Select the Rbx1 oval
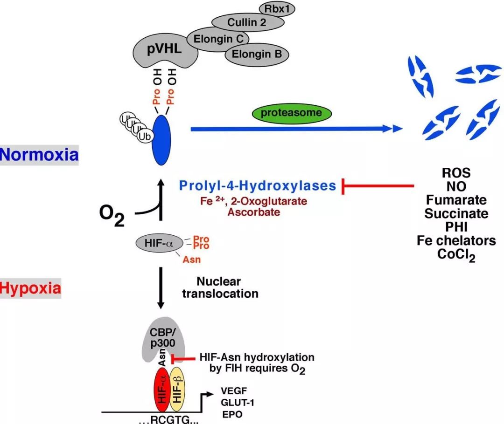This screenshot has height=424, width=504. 279,9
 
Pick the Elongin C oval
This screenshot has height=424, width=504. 217,38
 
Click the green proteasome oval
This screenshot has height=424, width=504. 291,113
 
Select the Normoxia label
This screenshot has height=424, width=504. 39,154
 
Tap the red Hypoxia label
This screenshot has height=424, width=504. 30,288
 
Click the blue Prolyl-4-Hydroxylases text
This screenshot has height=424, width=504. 258,186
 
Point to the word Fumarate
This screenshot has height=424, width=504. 456,200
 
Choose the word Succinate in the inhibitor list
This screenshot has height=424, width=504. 456,213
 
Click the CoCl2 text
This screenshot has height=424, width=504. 456,255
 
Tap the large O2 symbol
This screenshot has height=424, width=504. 112,216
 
